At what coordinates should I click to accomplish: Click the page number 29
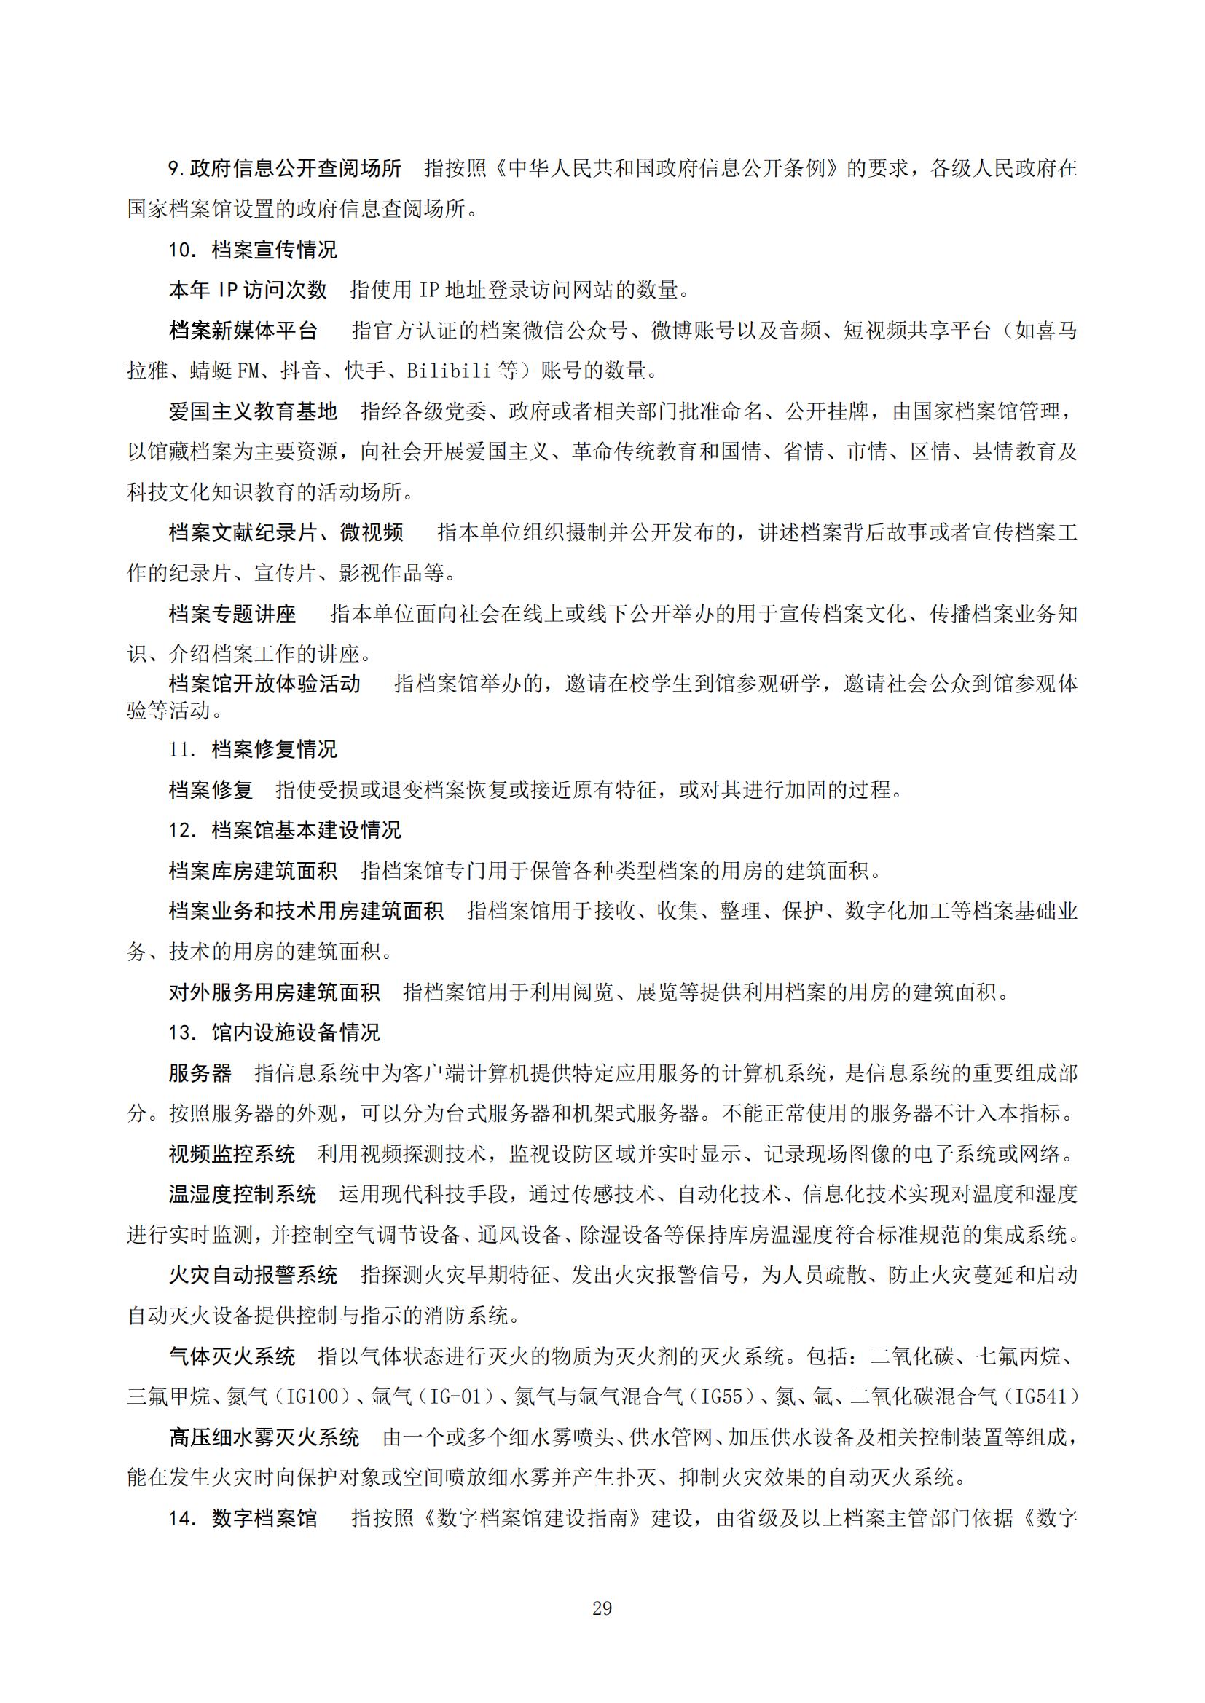coord(602,1608)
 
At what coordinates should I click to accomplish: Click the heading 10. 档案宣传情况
coord(252,249)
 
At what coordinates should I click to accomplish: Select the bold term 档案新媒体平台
coord(243,330)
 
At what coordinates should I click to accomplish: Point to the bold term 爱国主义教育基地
coord(252,411)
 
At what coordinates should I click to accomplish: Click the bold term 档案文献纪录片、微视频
coord(286,532)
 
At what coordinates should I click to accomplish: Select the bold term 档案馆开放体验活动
coord(264,683)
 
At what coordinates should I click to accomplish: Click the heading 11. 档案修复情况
coord(252,749)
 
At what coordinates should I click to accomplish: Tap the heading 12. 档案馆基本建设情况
coord(284,830)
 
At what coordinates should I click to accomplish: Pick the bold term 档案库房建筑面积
coord(252,871)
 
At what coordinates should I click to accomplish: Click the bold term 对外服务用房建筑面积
coord(274,992)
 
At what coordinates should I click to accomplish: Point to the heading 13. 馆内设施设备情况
coord(274,1032)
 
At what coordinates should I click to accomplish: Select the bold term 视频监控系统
coord(232,1154)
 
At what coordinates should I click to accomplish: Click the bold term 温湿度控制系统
coord(243,1194)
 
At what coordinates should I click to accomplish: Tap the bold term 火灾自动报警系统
coord(253,1275)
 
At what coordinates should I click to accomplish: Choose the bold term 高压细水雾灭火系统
coord(264,1437)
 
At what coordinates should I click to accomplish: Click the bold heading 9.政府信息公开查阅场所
coord(285,168)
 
